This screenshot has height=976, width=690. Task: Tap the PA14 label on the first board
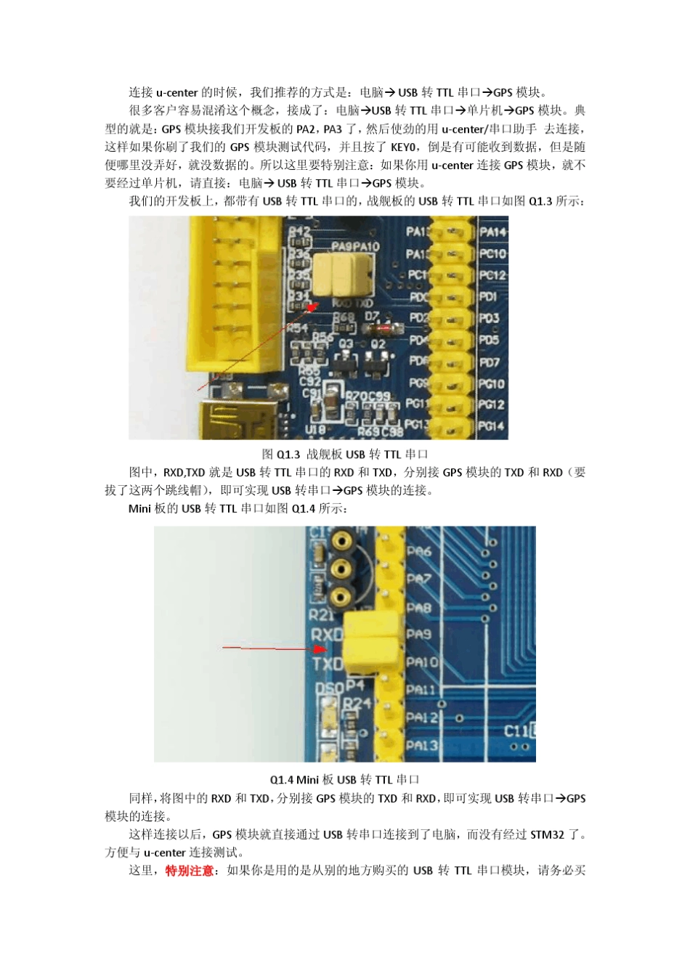[x=492, y=232]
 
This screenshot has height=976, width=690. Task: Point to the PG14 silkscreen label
[x=492, y=426]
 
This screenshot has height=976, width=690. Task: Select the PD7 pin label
[x=490, y=362]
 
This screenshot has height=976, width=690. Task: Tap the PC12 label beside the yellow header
[x=492, y=275]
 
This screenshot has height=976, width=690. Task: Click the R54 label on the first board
[x=298, y=328]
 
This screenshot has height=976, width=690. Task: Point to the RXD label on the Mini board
[x=326, y=634]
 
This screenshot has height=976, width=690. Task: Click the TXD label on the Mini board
[x=327, y=664]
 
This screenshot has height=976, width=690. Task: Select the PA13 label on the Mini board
[x=422, y=744]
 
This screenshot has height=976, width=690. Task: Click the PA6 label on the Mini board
[x=419, y=551]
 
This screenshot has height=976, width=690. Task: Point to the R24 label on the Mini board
[x=357, y=703]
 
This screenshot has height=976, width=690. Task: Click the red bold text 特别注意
[x=189, y=870]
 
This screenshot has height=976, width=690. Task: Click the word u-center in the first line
[x=177, y=92]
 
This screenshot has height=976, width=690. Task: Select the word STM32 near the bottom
[x=547, y=834]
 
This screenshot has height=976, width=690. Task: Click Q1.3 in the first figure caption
[x=288, y=455]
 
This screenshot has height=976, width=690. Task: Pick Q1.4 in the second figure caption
[x=282, y=780]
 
